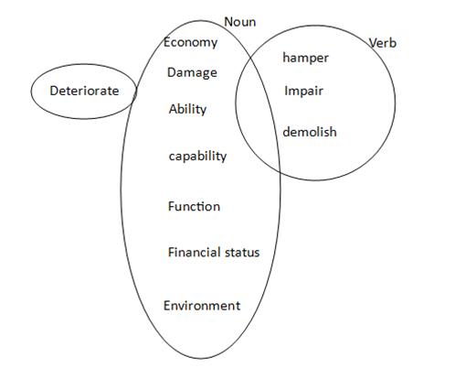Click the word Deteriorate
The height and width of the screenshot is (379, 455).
tap(84, 91)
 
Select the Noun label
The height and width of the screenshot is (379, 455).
tap(240, 22)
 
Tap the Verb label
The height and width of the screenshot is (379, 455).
tap(383, 43)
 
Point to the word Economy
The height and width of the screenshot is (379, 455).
tap(191, 43)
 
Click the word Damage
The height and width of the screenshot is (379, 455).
tap(192, 73)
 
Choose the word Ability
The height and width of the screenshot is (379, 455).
tap(187, 110)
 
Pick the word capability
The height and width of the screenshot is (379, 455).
tap(197, 157)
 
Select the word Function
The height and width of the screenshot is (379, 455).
tap(194, 207)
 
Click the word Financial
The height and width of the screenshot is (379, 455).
tap(195, 253)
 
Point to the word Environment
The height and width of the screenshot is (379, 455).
tap(202, 306)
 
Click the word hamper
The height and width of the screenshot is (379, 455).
tap(305, 59)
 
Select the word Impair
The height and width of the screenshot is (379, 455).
tap(303, 92)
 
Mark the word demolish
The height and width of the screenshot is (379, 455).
tap(310, 132)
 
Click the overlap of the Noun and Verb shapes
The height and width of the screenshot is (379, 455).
tap(259, 113)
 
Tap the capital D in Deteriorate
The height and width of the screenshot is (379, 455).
tap(54, 91)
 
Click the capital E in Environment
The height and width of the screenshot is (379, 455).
tap(166, 306)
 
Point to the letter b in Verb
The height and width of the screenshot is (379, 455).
tap(393, 43)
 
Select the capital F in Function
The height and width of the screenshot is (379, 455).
tap(171, 207)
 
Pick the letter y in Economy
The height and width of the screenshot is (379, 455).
tap(214, 45)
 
